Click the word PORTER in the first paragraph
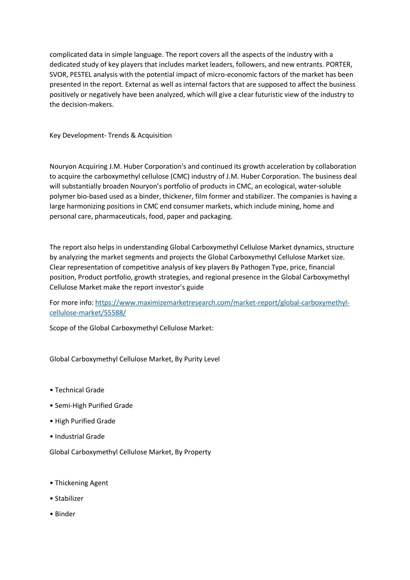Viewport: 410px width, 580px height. pyautogui.click(x=339, y=64)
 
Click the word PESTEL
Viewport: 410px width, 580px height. pyautogui.click(x=81, y=75)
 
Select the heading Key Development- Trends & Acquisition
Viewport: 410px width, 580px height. pyautogui.click(x=111, y=135)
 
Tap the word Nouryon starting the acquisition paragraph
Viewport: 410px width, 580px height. pyautogui.click(x=62, y=166)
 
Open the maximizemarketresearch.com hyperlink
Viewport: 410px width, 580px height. pyautogui.click(x=222, y=302)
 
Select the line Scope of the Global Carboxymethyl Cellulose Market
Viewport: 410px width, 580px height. pyautogui.click(x=131, y=328)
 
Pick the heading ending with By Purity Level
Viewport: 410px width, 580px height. pyautogui.click(x=135, y=359)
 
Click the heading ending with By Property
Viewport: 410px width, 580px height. pyautogui.click(x=130, y=452)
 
